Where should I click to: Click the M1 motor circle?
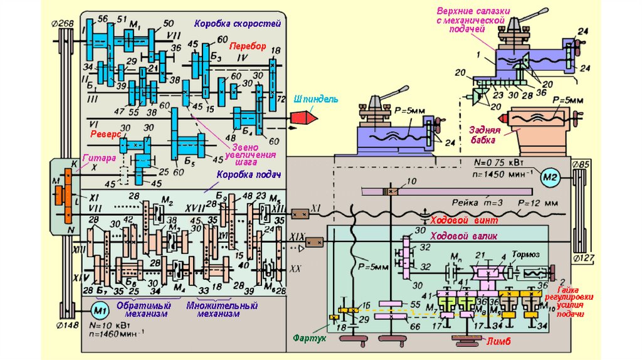coord(98,309)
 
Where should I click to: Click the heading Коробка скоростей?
coord(237,23)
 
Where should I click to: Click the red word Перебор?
coord(247,46)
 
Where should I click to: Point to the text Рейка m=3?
coord(476,203)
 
